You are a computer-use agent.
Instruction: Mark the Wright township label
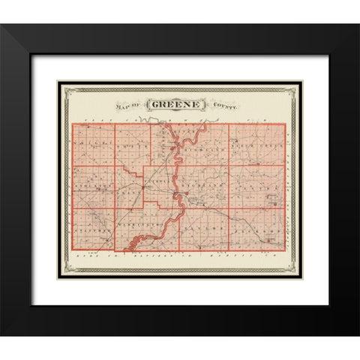pyautogui.click(x=93, y=139)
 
